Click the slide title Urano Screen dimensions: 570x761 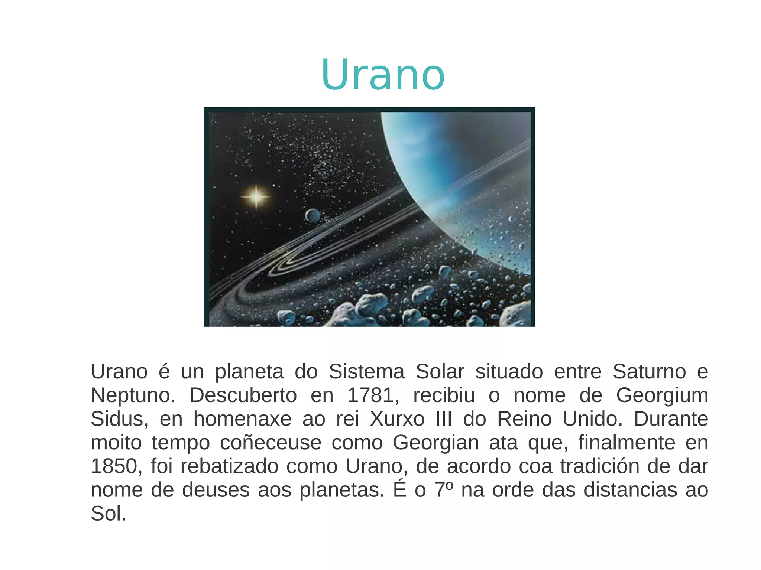383,75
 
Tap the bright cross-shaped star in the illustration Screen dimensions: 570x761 256,196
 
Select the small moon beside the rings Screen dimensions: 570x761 313,216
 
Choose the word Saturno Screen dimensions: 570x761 649,372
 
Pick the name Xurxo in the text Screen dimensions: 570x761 397,419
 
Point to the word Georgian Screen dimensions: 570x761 435,443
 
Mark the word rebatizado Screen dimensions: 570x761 229,466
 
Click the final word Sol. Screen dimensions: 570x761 108,514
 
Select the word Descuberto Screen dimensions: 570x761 243,395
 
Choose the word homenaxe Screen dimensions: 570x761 242,419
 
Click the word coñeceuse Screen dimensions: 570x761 271,443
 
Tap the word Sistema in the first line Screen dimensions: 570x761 366,372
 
